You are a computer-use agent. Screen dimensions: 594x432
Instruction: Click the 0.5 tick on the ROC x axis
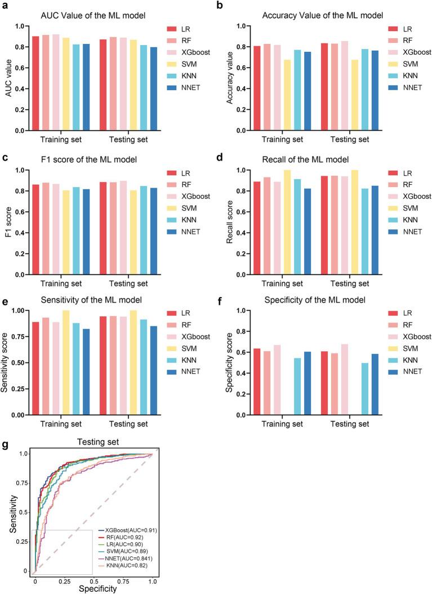pyautogui.click(x=93, y=580)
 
